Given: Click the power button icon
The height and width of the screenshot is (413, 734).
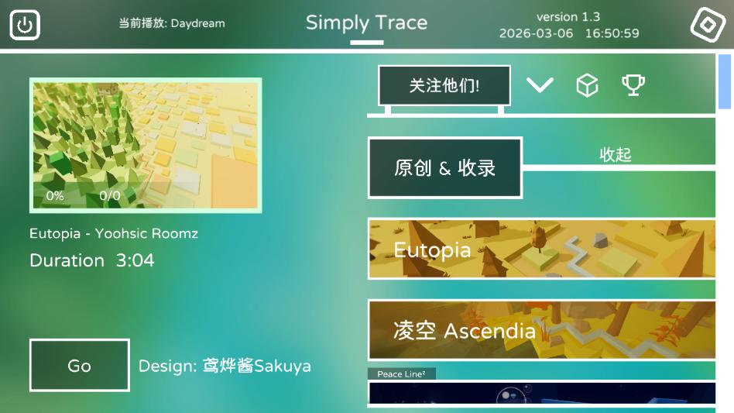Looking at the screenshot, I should (x=25, y=25).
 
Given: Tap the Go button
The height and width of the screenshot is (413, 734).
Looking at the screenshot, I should (x=79, y=366).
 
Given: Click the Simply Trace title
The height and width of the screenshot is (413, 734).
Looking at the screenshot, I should (x=366, y=23).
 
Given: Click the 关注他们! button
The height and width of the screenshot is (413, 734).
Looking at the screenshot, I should (x=444, y=86).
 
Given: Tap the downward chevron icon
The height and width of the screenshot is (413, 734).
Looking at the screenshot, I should (x=540, y=85).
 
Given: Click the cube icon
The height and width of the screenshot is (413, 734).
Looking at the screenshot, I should (x=588, y=86).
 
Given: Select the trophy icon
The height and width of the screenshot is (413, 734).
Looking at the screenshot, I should (x=633, y=85).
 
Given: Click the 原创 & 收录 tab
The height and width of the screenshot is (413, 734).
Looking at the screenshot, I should (x=444, y=168).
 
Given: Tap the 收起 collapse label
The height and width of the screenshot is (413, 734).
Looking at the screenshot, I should (x=616, y=155).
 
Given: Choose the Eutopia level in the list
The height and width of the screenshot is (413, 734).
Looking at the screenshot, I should (x=541, y=250).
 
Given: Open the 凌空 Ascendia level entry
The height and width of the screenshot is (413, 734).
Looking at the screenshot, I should (x=541, y=331).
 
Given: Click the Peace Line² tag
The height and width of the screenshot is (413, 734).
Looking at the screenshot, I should (x=401, y=374).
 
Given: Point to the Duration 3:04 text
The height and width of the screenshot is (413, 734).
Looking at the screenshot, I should (x=91, y=260).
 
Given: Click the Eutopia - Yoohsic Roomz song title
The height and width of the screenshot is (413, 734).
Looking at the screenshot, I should (x=114, y=233).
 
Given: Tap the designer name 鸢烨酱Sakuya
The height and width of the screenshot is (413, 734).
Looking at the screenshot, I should (x=256, y=366).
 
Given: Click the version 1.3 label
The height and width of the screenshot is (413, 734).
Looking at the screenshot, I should (x=568, y=16).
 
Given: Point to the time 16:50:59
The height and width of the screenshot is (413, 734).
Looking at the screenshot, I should (x=612, y=33).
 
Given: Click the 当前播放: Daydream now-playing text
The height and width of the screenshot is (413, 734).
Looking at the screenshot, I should (x=172, y=23).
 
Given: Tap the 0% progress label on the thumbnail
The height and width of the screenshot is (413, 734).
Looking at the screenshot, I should (x=55, y=196).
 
